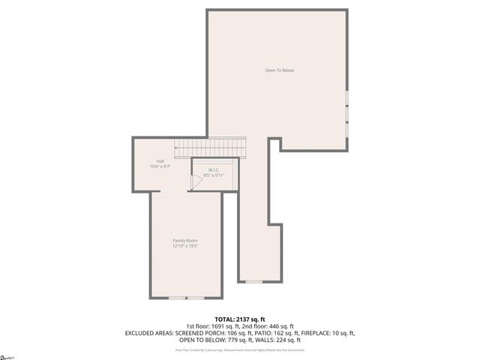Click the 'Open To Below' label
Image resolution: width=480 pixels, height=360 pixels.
pos(279,70)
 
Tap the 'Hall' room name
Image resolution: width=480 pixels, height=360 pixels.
pos(160,161)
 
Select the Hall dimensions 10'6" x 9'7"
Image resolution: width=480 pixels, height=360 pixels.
pos(160,166)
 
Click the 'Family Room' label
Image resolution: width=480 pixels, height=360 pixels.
pos(185,240)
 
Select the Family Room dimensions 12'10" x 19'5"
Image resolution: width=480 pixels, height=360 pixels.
pos(185,245)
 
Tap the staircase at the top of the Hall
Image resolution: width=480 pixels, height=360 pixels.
pos(209,147)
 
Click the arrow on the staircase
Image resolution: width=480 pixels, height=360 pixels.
pos(178,148)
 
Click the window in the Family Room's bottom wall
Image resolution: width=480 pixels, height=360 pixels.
pos(186,298)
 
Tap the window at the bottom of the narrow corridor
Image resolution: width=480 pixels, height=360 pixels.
pos(253,281)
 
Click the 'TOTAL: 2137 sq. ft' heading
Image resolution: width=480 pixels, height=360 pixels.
pos(239,319)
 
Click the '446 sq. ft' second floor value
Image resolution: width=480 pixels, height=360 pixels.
pos(281,325)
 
